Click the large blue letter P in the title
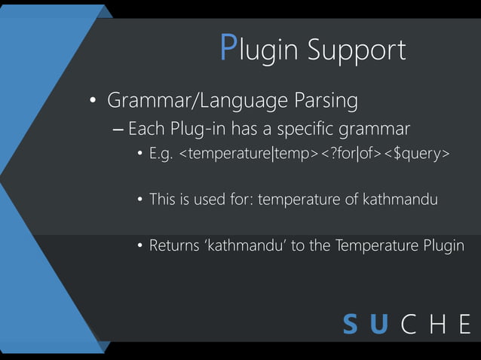pyautogui.click(x=229, y=48)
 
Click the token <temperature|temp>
pyautogui.click(x=245, y=155)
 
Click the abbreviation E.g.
pyautogui.click(x=161, y=155)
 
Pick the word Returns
pyautogui.click(x=173, y=246)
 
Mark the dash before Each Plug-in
pyautogui.click(x=118, y=130)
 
